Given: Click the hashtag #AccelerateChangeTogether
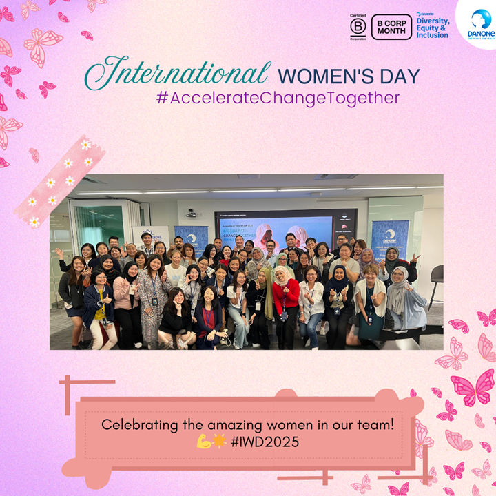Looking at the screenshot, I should (x=278, y=98).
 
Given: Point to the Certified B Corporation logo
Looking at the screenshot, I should (x=358, y=27).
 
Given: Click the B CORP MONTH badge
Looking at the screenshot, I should (x=391, y=27).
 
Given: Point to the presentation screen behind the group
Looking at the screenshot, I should (x=289, y=227).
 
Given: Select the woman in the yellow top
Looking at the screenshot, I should (x=99, y=303).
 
